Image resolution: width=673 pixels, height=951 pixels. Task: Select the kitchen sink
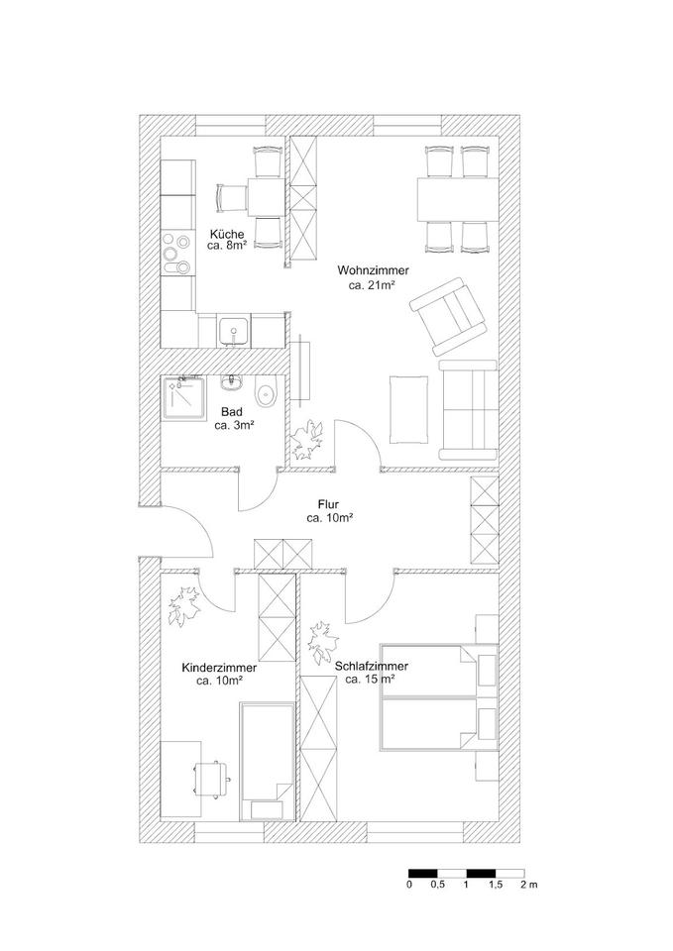(234, 330)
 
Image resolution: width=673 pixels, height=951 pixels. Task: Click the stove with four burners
(178, 254)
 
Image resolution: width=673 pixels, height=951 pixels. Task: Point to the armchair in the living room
(449, 314)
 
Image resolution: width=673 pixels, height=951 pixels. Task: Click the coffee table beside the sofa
(408, 409)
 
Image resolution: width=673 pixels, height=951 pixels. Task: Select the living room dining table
(459, 198)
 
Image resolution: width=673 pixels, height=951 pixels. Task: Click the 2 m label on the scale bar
(528, 885)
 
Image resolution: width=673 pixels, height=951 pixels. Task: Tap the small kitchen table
(264, 197)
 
